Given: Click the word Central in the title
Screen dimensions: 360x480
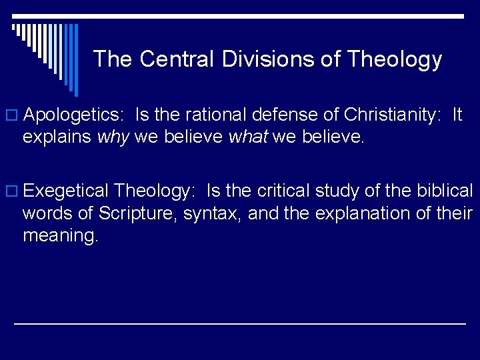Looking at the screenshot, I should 177,59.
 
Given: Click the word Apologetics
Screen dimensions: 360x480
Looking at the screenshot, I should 75,115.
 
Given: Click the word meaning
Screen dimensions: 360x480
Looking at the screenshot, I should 60,235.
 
